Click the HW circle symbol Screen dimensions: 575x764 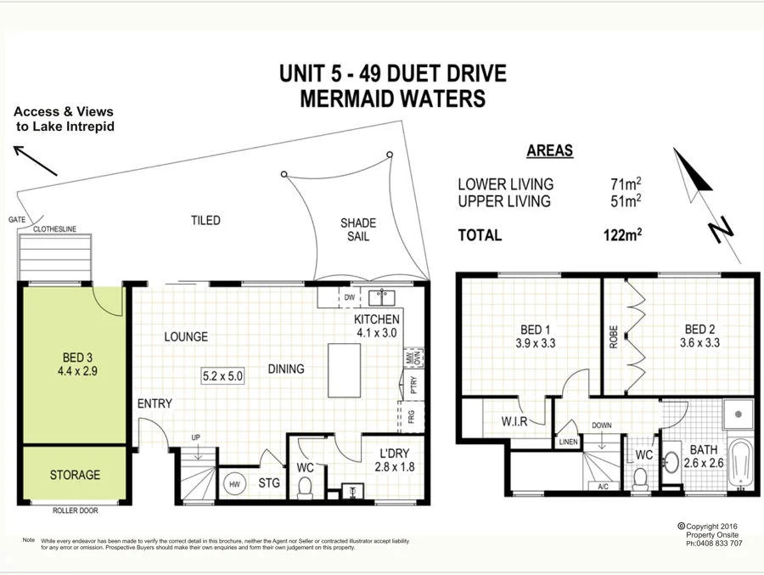(233, 484)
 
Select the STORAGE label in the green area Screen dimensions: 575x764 (75, 475)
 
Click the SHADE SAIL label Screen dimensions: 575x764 (357, 230)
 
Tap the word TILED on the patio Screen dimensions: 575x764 (205, 220)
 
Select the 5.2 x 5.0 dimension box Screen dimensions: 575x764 (222, 375)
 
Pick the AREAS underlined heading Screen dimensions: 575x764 (549, 151)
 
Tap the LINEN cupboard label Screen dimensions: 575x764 (568, 443)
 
